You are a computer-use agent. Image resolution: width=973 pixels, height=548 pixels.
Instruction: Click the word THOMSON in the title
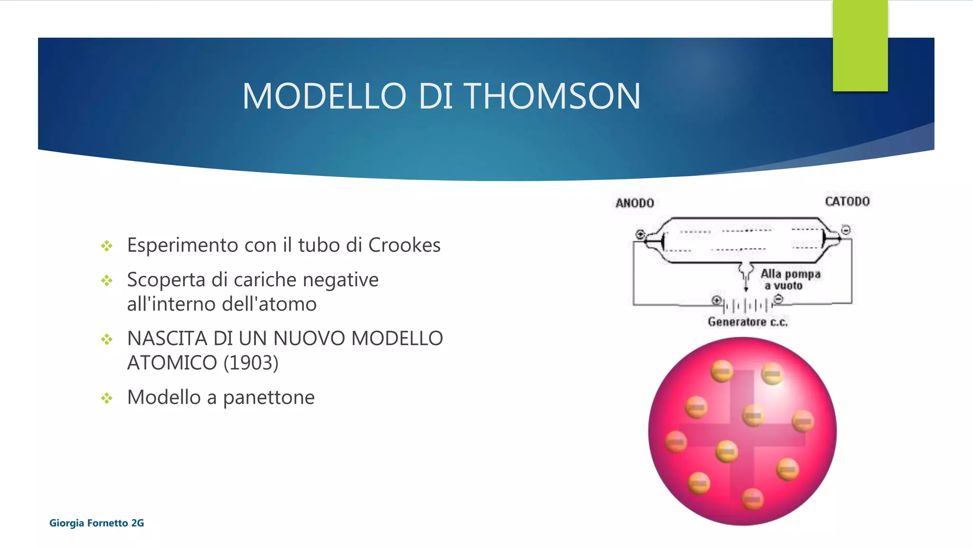(552, 96)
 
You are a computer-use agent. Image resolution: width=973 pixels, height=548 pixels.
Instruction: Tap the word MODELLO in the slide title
(324, 96)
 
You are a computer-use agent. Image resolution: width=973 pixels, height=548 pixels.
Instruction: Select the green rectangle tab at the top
(860, 46)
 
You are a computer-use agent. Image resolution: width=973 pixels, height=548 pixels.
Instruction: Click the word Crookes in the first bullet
(404, 245)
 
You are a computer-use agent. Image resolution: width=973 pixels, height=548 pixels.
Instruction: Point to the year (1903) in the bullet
(251, 363)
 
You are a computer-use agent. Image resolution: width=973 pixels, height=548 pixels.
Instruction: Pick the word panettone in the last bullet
(268, 397)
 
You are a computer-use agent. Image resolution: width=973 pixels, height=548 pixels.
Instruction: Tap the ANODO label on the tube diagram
(635, 203)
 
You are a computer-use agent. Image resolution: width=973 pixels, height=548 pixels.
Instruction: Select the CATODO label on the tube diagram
(847, 202)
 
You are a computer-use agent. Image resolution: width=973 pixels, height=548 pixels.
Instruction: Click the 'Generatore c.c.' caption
(747, 322)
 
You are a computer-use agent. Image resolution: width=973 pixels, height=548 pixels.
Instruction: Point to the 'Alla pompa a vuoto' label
(790, 280)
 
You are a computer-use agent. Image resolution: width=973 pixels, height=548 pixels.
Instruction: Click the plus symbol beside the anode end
(640, 234)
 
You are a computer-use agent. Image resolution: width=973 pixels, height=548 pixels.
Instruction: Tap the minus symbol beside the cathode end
(846, 230)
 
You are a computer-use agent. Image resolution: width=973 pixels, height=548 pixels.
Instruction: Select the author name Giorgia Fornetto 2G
(96, 523)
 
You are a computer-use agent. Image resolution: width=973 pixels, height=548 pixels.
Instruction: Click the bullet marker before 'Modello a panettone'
(107, 398)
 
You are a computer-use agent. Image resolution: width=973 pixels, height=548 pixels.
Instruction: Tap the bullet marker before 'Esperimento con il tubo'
(107, 246)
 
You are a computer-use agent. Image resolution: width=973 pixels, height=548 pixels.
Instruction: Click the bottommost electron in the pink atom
(753, 499)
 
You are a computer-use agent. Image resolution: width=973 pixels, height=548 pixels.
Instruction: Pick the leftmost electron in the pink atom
(676, 441)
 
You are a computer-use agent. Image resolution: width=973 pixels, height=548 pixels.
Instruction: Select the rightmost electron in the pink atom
(803, 421)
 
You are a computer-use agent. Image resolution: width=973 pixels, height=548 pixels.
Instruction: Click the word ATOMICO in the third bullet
(172, 363)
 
